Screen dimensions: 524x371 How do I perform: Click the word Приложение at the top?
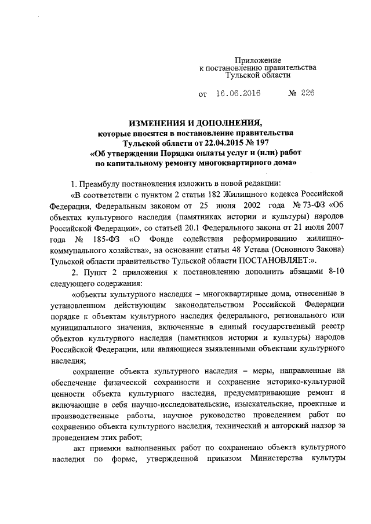[x=258, y=61]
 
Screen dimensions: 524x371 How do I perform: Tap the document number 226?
[x=307, y=93]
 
